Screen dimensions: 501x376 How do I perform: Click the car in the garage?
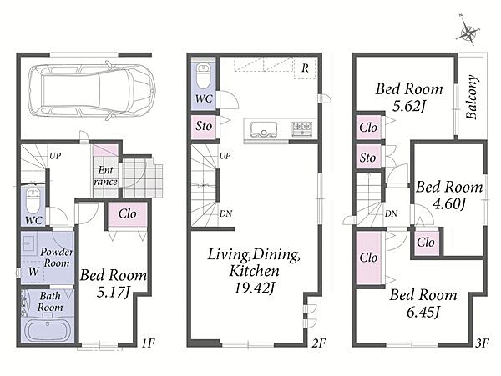pos(91,90)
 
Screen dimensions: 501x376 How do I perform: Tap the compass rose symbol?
pos(468,32)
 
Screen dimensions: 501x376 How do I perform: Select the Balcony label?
pos(472,97)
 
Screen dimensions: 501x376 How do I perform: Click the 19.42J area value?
pos(255,288)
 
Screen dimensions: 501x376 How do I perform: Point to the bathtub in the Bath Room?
pos(48,331)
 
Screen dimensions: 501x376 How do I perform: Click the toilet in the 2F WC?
pos(203,75)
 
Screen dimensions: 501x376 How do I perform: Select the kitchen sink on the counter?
pos(264,129)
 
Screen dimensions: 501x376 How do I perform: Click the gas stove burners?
pos(302,128)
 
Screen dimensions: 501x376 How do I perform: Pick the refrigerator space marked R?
pos(305,68)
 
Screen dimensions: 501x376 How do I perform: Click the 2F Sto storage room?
pos(204,127)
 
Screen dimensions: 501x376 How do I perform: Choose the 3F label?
pos(482,343)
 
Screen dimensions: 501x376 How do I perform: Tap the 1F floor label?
pos(149,343)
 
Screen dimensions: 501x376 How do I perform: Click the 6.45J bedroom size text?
pos(423,312)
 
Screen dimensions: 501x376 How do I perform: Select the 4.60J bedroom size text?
pos(449,203)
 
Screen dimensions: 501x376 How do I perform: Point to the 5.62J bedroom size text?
pos(409,106)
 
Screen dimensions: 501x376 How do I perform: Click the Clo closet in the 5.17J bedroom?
pos(128,214)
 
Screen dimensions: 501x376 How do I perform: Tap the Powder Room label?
pos(57,258)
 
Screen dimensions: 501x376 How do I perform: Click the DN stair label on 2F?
pos(225,213)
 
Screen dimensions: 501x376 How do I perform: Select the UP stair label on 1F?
pos(55,156)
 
